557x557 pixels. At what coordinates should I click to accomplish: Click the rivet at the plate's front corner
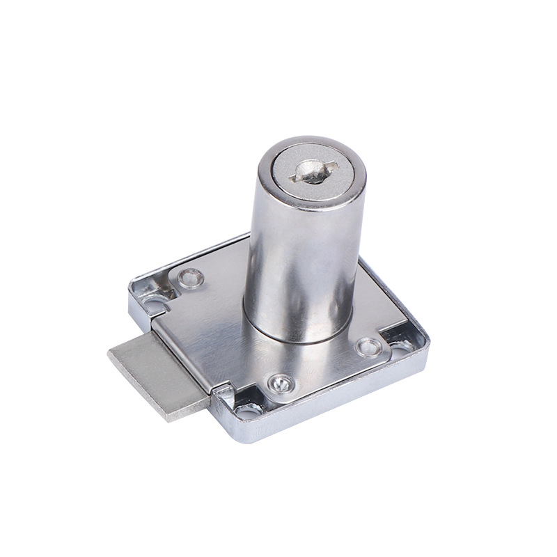point(279,382)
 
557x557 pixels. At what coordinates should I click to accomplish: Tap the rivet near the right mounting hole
point(367,345)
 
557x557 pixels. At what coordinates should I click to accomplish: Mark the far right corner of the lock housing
point(426,340)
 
